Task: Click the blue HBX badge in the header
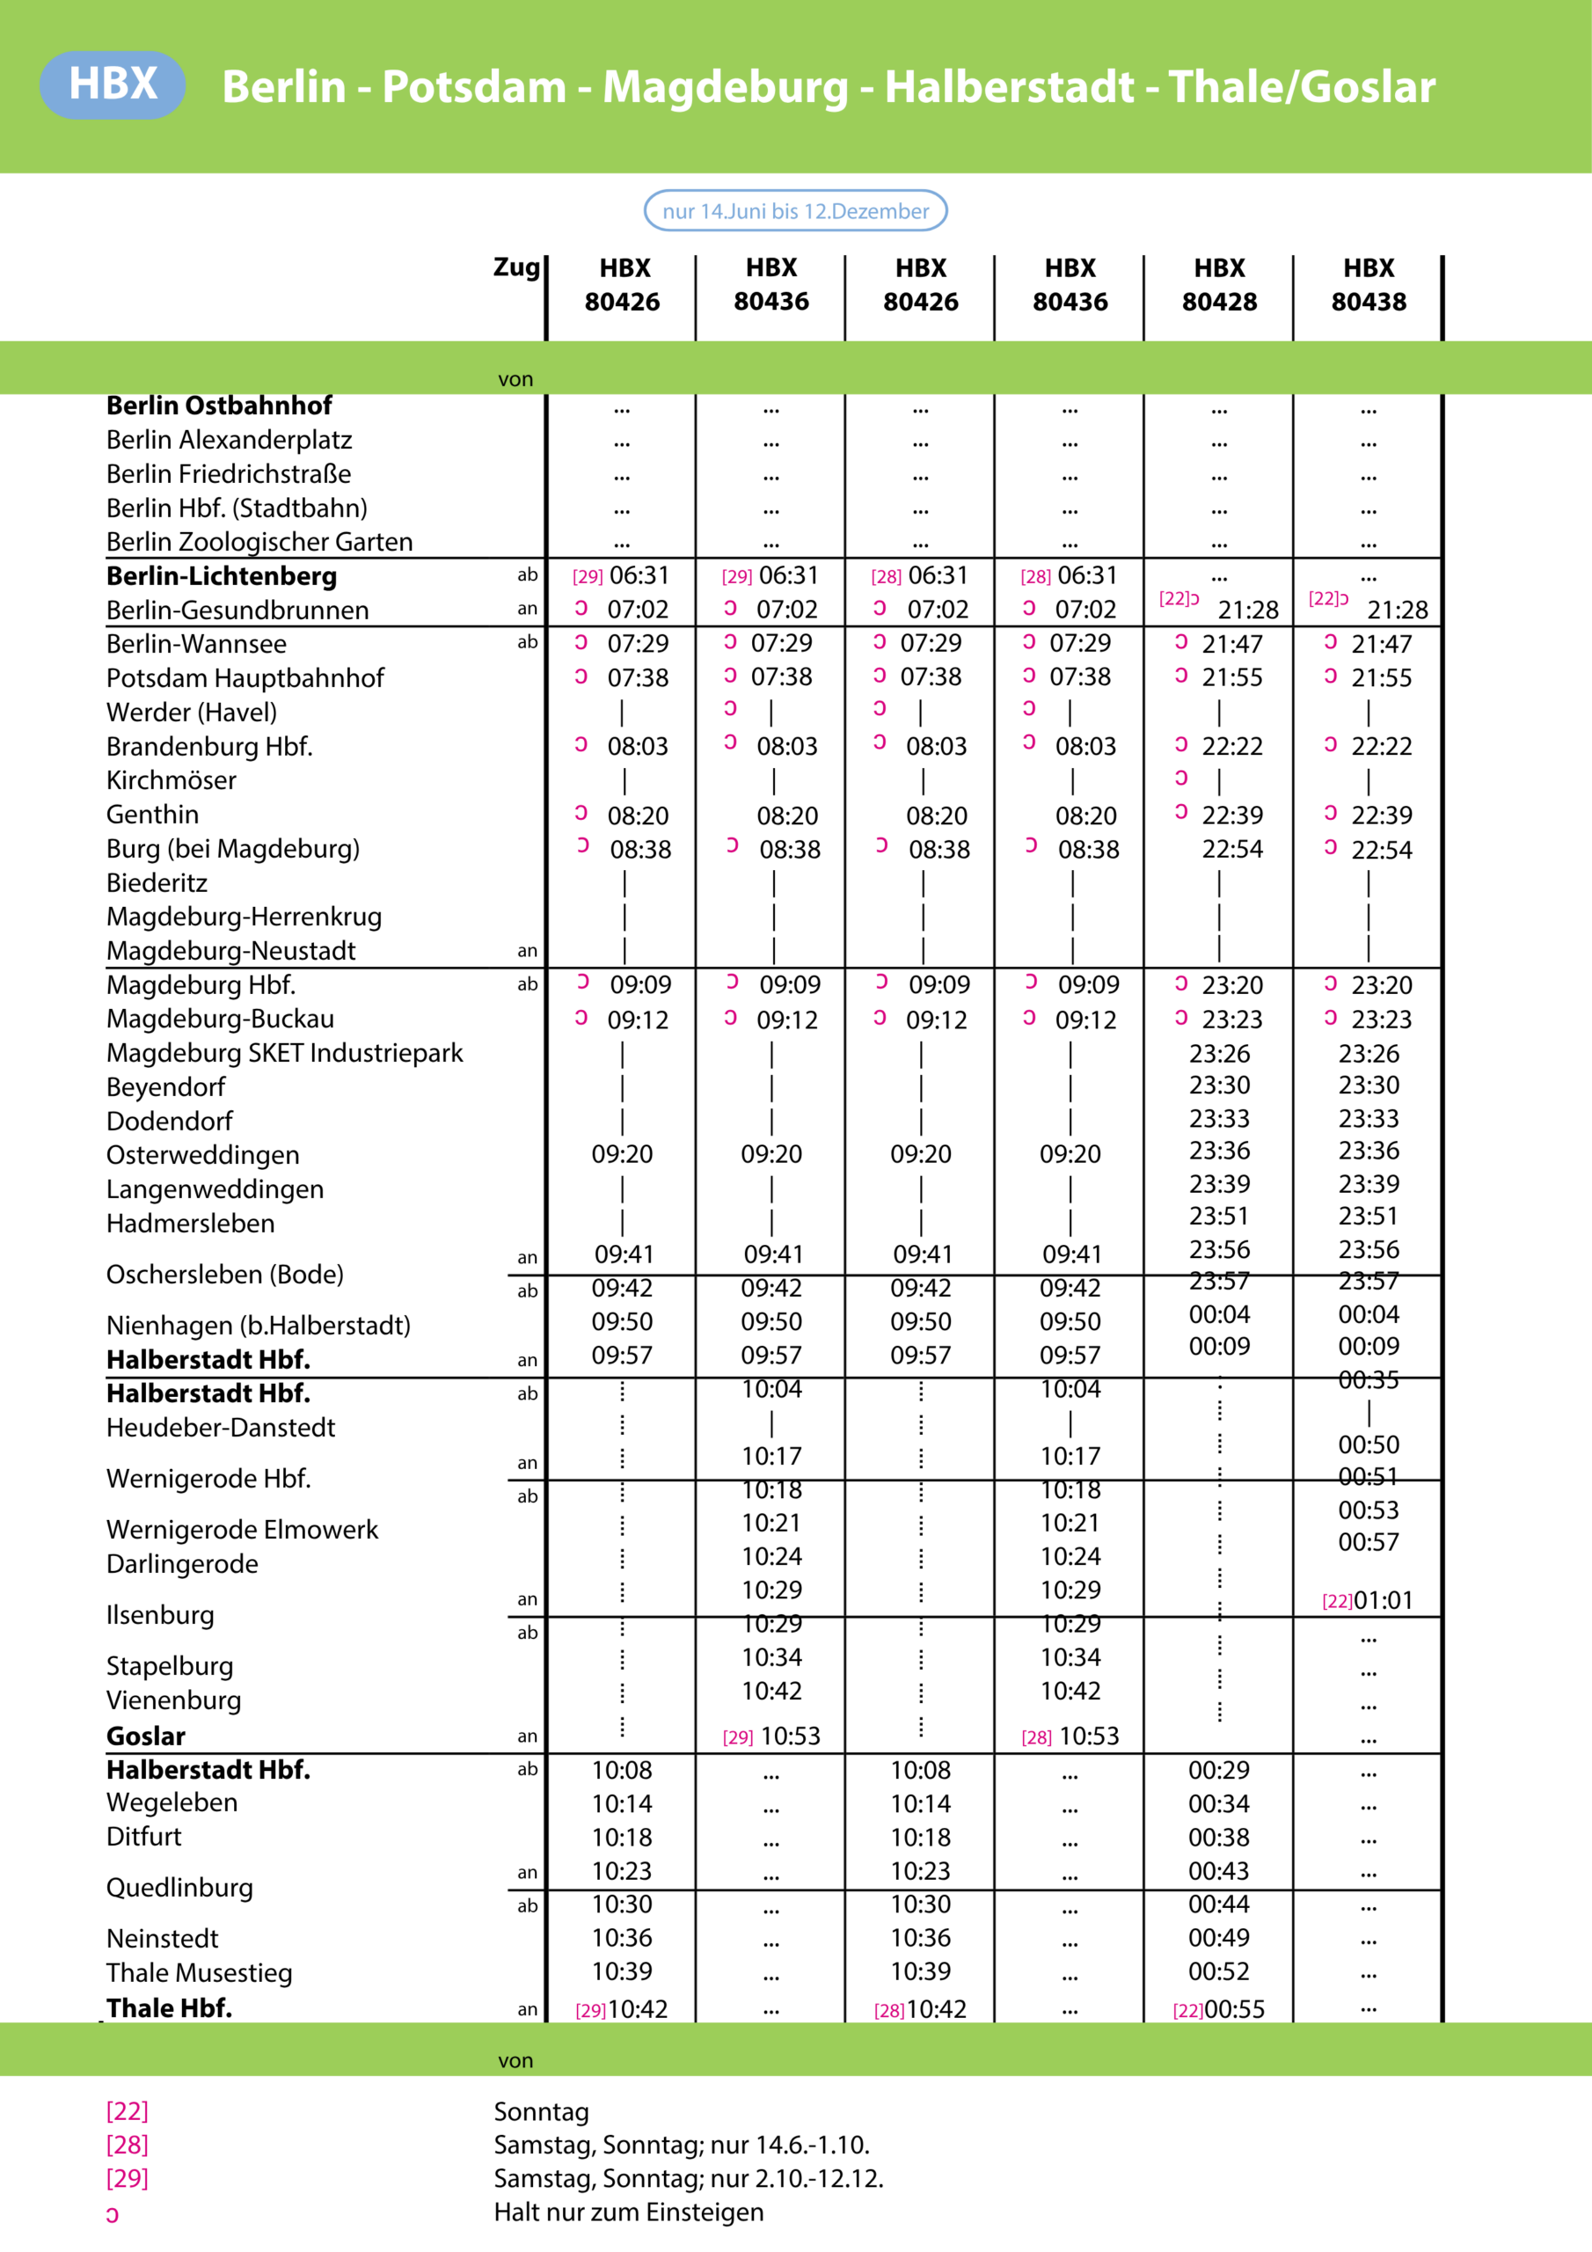[x=113, y=84]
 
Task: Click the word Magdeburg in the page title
[x=725, y=86]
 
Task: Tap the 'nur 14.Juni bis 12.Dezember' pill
[x=795, y=211]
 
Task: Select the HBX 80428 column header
[x=1219, y=284]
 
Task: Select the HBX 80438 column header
[x=1369, y=284]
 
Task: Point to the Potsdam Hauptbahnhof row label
[x=245, y=677]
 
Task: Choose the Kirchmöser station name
[x=172, y=781]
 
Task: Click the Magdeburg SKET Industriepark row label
[x=284, y=1052]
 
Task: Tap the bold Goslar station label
[x=146, y=1737]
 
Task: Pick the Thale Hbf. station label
[x=170, y=2007]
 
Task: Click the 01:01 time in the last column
[x=1383, y=1601]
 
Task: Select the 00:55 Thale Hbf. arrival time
[x=1234, y=2008]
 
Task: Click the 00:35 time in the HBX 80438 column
[x=1369, y=1380]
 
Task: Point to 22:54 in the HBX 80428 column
[x=1232, y=850]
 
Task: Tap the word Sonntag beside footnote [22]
[x=542, y=2112]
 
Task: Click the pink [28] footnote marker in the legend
[x=128, y=2145]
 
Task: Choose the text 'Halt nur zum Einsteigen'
[x=629, y=2212]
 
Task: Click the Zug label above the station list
[x=516, y=267]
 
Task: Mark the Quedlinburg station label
[x=179, y=1887]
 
